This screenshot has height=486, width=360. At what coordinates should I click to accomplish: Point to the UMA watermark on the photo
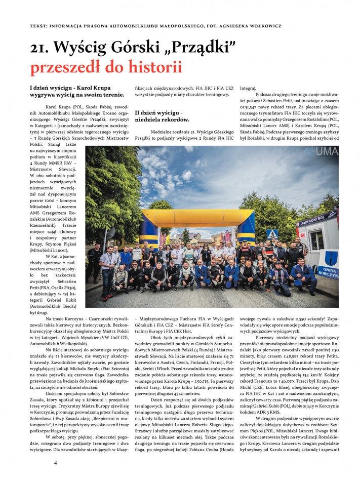coord(325,152)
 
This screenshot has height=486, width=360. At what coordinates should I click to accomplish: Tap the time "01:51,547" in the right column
coord(253,108)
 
